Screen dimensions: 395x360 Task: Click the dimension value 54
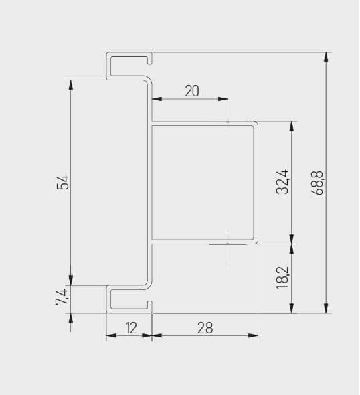[x=63, y=182]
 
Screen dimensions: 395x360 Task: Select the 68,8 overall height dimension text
[x=318, y=182]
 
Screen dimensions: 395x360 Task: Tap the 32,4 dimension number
[x=283, y=182]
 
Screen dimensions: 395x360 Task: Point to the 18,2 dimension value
[x=283, y=277]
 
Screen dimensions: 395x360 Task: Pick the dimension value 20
[x=192, y=91]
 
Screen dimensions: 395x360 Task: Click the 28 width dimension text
[x=205, y=327]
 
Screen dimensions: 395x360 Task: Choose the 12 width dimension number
[x=130, y=327]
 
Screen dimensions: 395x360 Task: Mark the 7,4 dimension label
[x=62, y=297]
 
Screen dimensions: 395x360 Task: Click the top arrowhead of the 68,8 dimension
[x=326, y=57]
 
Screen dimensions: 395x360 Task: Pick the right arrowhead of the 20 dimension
[x=223, y=100]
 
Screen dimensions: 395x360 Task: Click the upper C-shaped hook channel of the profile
[x=128, y=65]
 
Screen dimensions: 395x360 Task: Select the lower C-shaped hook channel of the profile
[x=128, y=300]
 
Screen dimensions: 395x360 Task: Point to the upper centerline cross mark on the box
[x=228, y=123]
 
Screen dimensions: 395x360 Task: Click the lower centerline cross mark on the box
[x=228, y=244]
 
